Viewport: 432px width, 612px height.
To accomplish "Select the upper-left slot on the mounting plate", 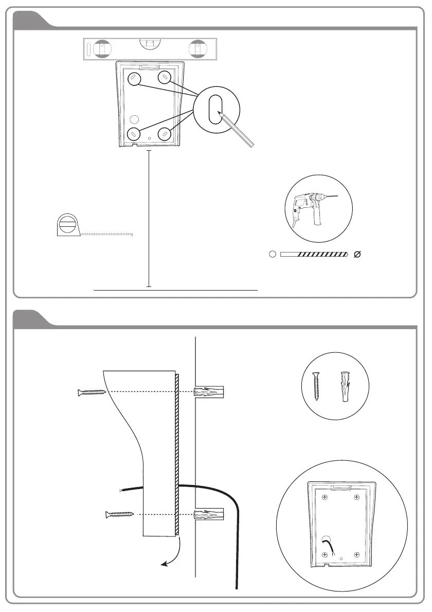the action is [x=133, y=79].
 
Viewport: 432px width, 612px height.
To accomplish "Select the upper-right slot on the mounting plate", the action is [x=164, y=79].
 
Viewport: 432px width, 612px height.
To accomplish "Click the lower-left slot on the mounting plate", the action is [x=133, y=134].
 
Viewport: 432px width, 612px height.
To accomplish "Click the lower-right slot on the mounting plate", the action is [x=164, y=134].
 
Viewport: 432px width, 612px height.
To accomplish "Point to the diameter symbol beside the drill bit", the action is [x=358, y=254].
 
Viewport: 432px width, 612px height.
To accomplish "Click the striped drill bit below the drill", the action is [x=314, y=254].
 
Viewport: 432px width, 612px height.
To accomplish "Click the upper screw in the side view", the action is [x=91, y=392].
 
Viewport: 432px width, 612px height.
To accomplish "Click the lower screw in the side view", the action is [x=119, y=514].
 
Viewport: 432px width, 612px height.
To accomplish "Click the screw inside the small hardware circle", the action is [x=317, y=386].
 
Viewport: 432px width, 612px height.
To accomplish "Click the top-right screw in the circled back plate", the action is [x=356, y=497].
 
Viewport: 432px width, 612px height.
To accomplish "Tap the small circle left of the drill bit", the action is [x=273, y=254].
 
